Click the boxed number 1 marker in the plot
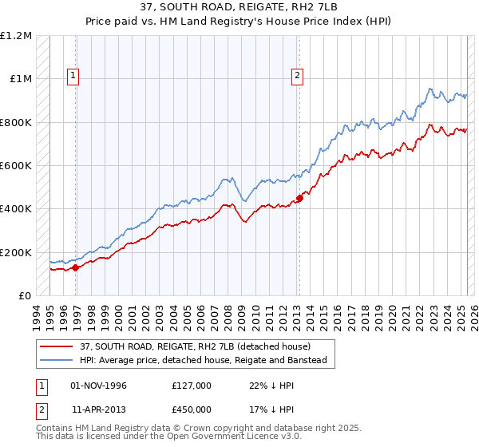tap(73, 76)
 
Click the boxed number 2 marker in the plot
tap(297, 76)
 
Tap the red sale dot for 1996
tap(76, 268)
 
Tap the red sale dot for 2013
tap(299, 198)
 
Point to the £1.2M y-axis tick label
tap(16, 36)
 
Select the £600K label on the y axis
tap(16, 166)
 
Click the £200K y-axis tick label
tap(16, 252)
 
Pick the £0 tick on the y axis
tap(24, 296)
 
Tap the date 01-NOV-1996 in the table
tap(98, 386)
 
